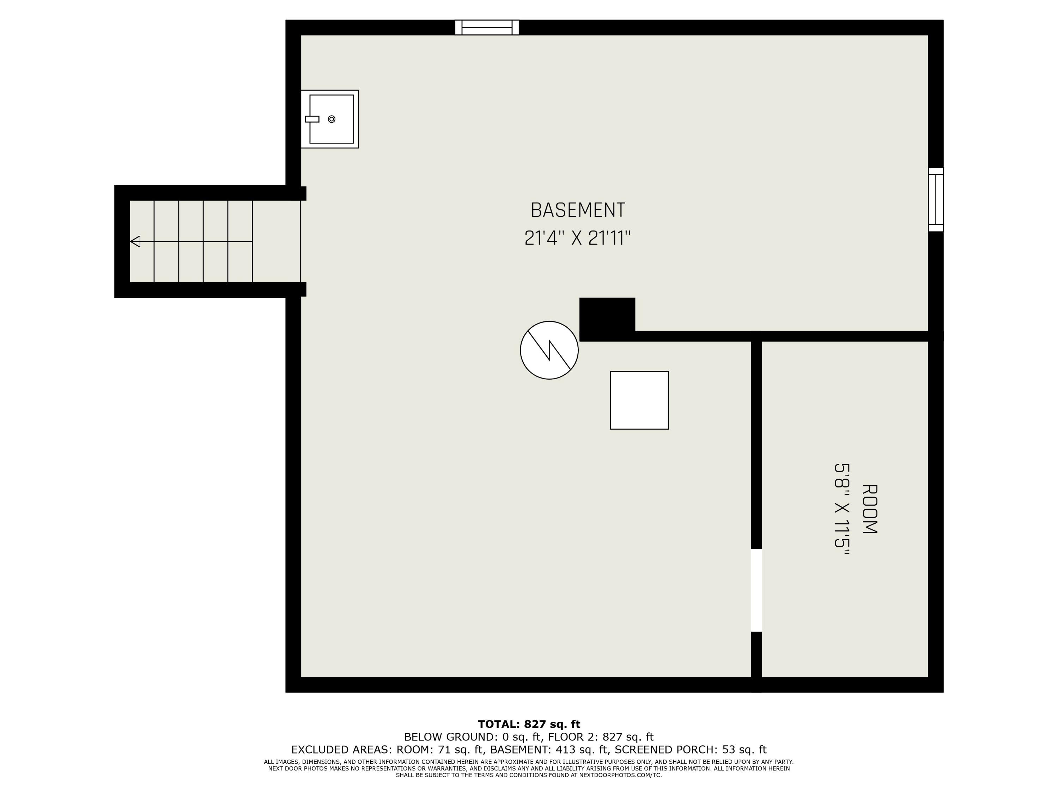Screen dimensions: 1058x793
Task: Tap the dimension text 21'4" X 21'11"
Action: (578, 238)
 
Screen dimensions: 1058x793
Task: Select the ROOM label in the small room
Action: (869, 509)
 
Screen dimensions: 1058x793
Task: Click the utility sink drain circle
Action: (332, 119)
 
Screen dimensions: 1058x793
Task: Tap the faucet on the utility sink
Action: (312, 119)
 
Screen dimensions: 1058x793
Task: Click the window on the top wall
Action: (487, 27)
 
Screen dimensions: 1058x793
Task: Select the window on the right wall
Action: (936, 199)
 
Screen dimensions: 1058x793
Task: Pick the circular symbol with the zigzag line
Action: (549, 350)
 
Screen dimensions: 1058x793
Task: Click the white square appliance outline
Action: (639, 400)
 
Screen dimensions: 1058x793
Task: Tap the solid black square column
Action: (607, 319)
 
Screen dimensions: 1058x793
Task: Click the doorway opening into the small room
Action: (756, 590)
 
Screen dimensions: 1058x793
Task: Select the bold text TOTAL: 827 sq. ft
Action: (529, 724)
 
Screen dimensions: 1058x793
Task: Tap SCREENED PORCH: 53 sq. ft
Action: (691, 750)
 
